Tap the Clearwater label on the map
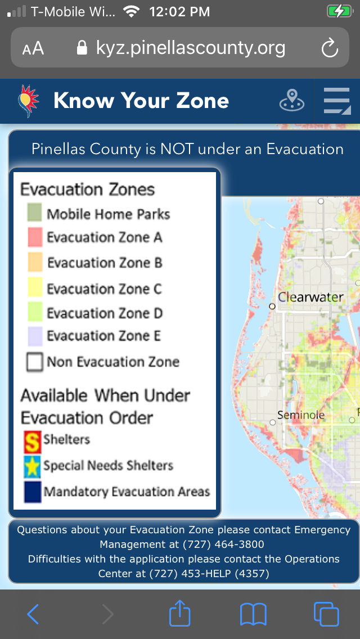(310, 296)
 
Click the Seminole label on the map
(301, 415)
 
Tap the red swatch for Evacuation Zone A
(35, 237)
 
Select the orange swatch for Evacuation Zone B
(35, 263)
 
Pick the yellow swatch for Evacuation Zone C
(35, 289)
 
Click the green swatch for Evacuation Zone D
(35, 313)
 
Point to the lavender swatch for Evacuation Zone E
(35, 336)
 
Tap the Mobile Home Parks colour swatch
(35, 213)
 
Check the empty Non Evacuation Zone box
(35, 362)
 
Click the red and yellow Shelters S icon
(33, 442)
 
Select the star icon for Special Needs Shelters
(33, 467)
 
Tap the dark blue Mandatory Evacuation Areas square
(33, 492)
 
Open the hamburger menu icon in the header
(337, 101)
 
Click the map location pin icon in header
(292, 100)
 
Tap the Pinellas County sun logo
(28, 101)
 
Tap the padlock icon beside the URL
(82, 48)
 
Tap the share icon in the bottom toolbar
(180, 613)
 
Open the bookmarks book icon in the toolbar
(253, 614)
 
